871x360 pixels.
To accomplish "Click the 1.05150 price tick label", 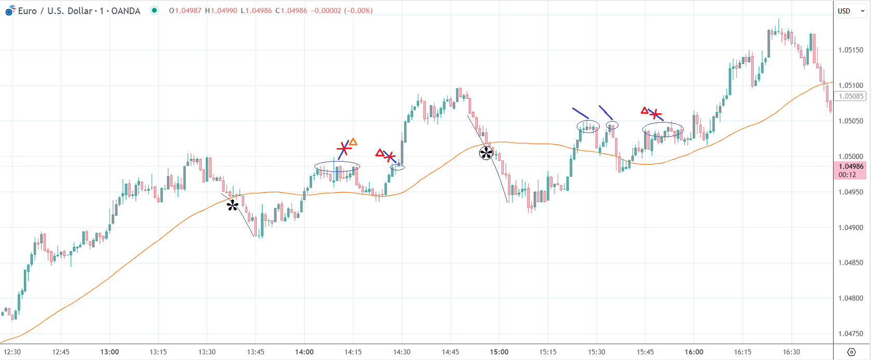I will coord(850,50).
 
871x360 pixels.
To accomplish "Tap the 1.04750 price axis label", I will coord(850,334).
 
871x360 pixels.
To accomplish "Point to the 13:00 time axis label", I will coord(109,352).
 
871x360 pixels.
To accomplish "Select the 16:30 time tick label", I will coord(791,352).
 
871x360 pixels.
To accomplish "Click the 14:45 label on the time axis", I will coord(450,352).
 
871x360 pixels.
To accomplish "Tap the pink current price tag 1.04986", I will coord(850,167).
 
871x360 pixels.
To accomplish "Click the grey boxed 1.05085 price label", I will coord(850,96).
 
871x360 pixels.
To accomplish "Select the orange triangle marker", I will coord(353,142).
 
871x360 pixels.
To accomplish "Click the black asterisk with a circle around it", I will coord(486,153).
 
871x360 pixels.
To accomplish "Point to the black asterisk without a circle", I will coord(232,206).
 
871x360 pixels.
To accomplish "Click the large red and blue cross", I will coord(344,149).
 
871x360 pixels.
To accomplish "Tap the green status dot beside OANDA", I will coord(154,10).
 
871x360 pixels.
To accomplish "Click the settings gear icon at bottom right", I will coord(851,352).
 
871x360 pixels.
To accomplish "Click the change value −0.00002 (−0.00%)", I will coord(341,11).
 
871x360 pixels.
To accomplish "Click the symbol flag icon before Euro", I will coord(10,10).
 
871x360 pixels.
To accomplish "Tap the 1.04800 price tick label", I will coord(850,299).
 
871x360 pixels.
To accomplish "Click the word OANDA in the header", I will coord(126,11).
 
